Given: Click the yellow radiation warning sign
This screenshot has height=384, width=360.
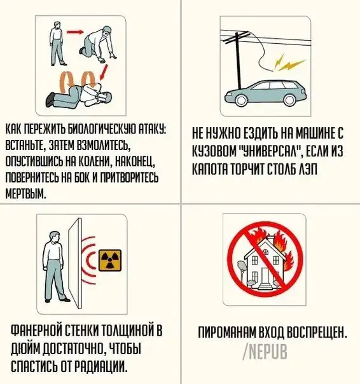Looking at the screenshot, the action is [x=110, y=260].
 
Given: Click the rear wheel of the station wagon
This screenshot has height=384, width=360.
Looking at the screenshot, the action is [x=290, y=100].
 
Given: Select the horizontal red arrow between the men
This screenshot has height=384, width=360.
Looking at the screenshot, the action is [x=75, y=32].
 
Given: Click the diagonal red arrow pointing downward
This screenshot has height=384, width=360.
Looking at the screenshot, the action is [x=104, y=72].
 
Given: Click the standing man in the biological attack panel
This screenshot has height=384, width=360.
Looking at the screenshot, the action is [x=58, y=44].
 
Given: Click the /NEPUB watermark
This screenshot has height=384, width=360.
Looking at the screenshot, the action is [x=265, y=352].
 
